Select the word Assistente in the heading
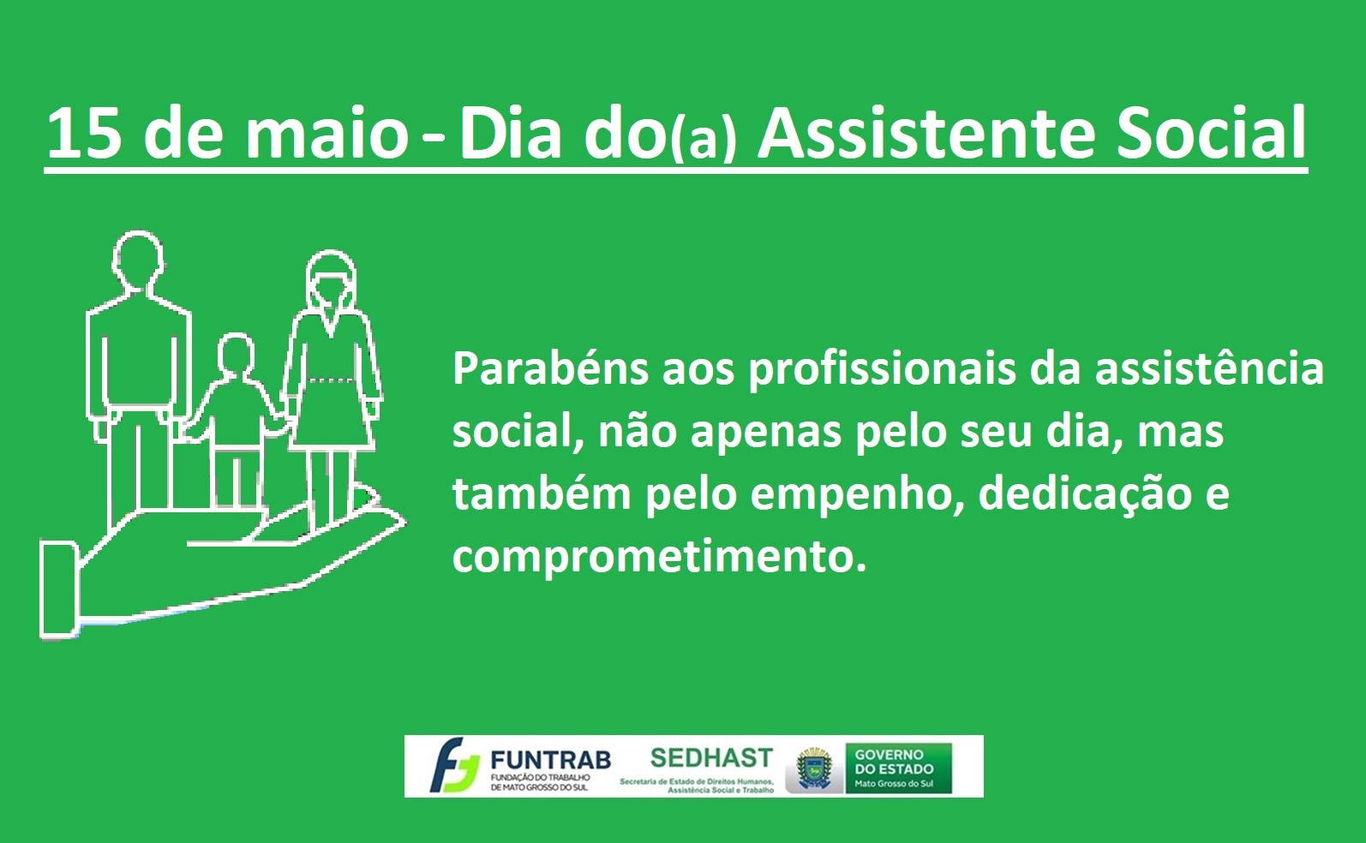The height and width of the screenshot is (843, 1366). [x=926, y=132]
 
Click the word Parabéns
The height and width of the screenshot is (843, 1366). [x=550, y=369]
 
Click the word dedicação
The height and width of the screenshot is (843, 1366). [x=1085, y=495]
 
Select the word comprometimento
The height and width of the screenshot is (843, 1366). [x=659, y=557]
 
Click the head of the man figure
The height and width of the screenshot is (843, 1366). [x=139, y=259]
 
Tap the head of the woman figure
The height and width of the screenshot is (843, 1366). [x=331, y=280]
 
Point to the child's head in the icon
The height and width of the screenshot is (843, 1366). [x=236, y=356]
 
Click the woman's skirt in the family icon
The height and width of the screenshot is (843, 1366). [x=331, y=416]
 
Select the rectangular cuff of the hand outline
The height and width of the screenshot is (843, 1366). [x=59, y=589]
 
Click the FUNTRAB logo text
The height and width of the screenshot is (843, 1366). [x=550, y=760]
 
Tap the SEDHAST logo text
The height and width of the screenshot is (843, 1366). [x=711, y=758]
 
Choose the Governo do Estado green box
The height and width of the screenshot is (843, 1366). [x=898, y=768]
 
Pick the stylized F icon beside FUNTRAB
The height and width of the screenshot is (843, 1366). [x=454, y=766]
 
